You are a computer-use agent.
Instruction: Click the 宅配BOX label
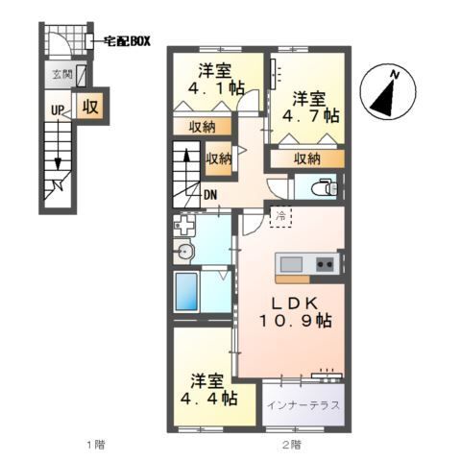coord(128,41)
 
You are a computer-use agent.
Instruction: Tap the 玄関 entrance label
coord(62,75)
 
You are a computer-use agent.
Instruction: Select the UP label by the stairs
coord(58,110)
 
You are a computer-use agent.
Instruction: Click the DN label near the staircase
coord(210,195)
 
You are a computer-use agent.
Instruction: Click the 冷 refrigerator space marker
coord(280,216)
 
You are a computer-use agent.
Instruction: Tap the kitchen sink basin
coord(291,264)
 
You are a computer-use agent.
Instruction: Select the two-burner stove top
coord(326,264)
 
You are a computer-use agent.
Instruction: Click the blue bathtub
coord(186,292)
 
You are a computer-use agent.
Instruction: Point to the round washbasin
coord(184,252)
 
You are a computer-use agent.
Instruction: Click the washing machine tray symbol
coord(184,225)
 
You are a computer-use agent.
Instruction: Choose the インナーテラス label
coord(303,405)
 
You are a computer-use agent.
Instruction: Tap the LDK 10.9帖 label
coord(295,312)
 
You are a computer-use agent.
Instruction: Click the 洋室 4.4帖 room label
coord(208,390)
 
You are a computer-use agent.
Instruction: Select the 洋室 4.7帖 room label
coord(310,107)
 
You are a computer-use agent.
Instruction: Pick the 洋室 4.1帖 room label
coord(215,79)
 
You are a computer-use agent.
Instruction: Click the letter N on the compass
coord(396,75)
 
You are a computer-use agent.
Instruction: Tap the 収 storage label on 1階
coord(90,107)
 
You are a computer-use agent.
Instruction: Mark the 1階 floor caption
coord(95,445)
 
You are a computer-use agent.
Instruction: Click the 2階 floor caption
coord(291,445)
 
